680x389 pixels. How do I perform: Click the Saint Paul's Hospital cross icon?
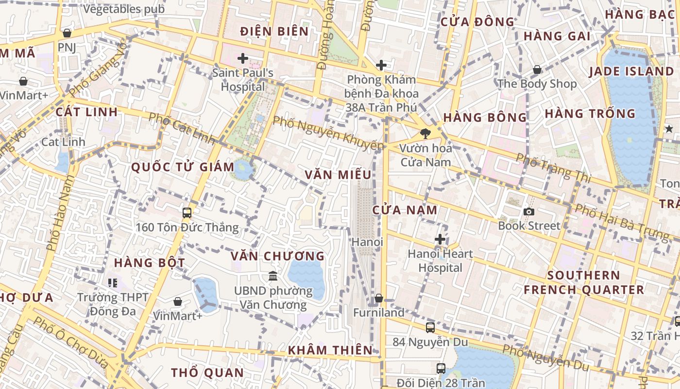tap(242, 59)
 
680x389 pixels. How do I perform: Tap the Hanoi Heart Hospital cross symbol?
tap(440, 239)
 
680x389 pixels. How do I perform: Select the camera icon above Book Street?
tap(529, 212)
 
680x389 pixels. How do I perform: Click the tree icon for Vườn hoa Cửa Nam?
tap(425, 133)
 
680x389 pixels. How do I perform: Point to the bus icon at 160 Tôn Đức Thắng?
tap(187, 213)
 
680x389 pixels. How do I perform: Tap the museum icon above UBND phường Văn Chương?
tap(273, 276)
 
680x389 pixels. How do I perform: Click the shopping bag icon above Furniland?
tap(379, 298)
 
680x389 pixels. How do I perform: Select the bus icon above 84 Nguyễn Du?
tap(430, 327)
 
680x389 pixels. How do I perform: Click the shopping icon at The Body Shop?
tap(537, 70)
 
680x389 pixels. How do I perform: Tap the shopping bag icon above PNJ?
tap(67, 33)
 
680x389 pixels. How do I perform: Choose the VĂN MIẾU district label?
tap(338, 175)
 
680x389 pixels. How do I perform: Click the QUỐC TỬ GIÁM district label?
tap(183, 167)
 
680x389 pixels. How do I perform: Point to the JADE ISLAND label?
tap(631, 71)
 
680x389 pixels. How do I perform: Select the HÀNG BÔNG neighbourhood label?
tap(485, 117)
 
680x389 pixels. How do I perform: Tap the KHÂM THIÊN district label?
tap(330, 350)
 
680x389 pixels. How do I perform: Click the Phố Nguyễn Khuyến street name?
tap(328, 133)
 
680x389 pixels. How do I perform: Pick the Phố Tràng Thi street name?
tap(553, 168)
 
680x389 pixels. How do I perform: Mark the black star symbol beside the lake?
tap(669, 128)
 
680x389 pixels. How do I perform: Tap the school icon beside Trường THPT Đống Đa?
tap(113, 283)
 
